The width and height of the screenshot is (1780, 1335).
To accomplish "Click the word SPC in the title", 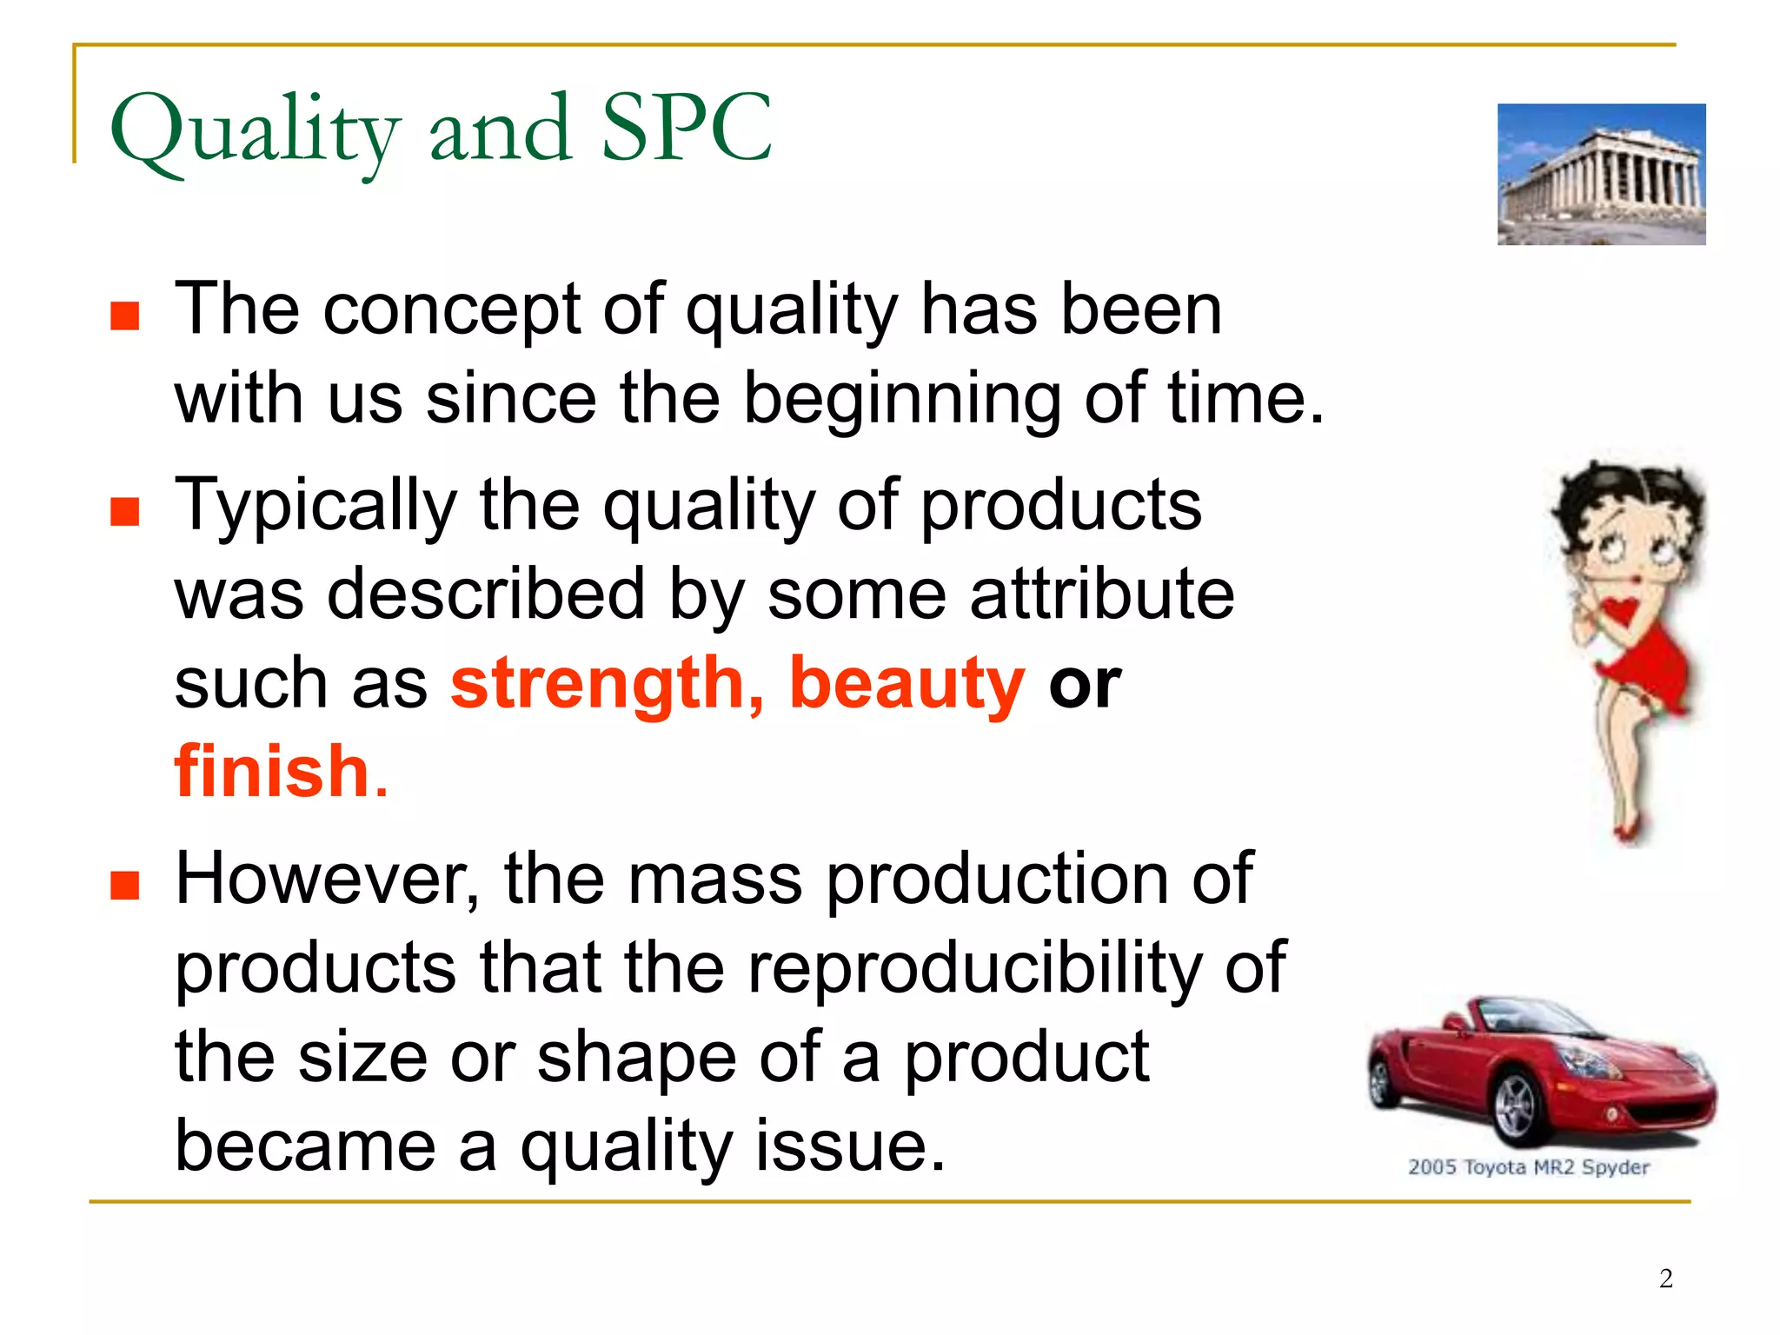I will click(686, 130).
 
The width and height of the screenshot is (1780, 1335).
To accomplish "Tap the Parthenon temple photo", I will click(1601, 174).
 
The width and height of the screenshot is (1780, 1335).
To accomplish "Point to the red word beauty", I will click(907, 684).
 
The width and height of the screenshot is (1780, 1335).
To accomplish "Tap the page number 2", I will click(1665, 1278).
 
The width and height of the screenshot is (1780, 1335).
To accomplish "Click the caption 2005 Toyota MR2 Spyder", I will click(1528, 1166).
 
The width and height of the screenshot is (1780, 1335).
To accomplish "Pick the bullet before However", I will click(125, 886).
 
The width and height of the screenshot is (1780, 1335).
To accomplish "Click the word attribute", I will click(1101, 594).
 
